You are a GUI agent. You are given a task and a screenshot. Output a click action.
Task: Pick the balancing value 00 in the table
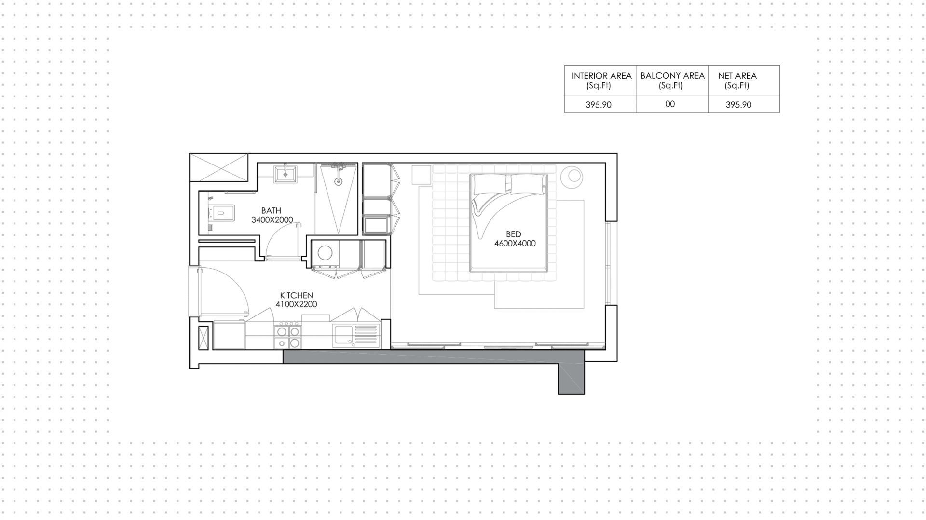point(670,104)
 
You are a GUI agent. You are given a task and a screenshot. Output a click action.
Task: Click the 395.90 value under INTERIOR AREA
point(599,105)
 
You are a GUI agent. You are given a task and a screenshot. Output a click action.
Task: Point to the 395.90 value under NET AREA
point(738,105)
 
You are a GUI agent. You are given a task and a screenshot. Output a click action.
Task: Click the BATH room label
point(271,211)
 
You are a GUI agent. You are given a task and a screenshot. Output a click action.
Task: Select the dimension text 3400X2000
point(272,220)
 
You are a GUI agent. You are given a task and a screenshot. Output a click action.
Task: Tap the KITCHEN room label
point(297,295)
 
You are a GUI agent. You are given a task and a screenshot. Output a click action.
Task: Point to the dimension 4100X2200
point(296,304)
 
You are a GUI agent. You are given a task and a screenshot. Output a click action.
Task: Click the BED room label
point(514,234)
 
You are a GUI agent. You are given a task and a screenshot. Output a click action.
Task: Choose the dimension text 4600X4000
point(515,244)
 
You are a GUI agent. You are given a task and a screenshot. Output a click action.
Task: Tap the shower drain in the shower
point(338,182)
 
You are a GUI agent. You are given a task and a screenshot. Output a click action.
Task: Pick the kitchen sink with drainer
point(355,335)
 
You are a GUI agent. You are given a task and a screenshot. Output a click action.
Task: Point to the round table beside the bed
point(573,176)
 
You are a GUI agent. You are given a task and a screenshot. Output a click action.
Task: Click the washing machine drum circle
point(325,254)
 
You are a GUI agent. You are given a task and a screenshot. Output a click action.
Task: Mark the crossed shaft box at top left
point(218,167)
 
